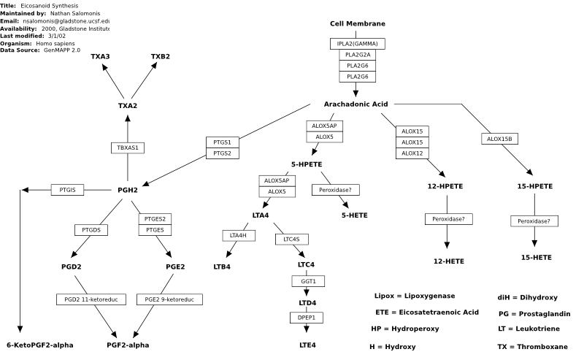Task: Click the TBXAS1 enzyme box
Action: (x=128, y=148)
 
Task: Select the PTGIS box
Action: (x=67, y=190)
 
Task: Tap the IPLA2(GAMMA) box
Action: (x=358, y=44)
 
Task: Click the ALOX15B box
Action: (x=499, y=139)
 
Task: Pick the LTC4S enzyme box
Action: (x=291, y=240)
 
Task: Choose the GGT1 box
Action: (x=308, y=281)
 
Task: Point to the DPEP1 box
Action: (x=307, y=318)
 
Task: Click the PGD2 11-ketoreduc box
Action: (x=91, y=299)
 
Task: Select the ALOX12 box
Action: (x=412, y=153)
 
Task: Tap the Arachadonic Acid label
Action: (x=356, y=104)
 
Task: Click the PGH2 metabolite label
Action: (x=128, y=190)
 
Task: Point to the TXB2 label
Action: (x=161, y=57)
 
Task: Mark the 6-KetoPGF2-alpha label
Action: (x=40, y=345)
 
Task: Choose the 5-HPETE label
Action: (x=307, y=164)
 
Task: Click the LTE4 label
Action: (x=307, y=345)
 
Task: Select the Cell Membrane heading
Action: (x=358, y=24)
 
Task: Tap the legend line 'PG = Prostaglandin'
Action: (x=534, y=314)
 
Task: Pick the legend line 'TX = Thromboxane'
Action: (x=533, y=347)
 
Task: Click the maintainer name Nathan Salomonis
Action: (x=75, y=13)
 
